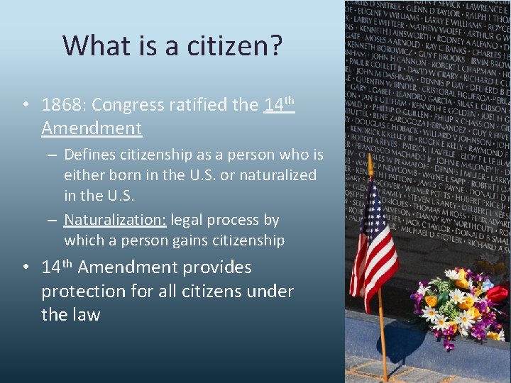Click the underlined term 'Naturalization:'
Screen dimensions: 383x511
[x=115, y=220]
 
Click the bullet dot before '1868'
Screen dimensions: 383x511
[x=26, y=105]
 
